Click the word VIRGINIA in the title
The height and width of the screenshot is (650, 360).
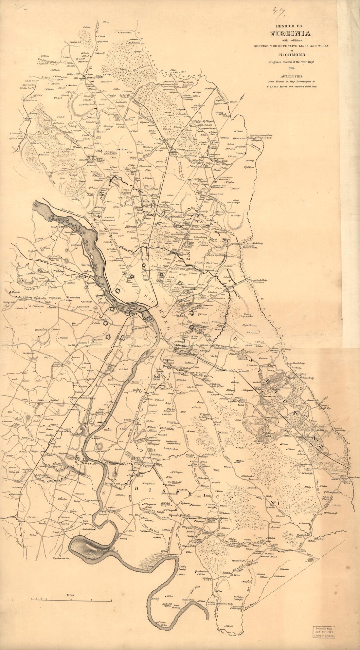(x=290, y=34)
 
